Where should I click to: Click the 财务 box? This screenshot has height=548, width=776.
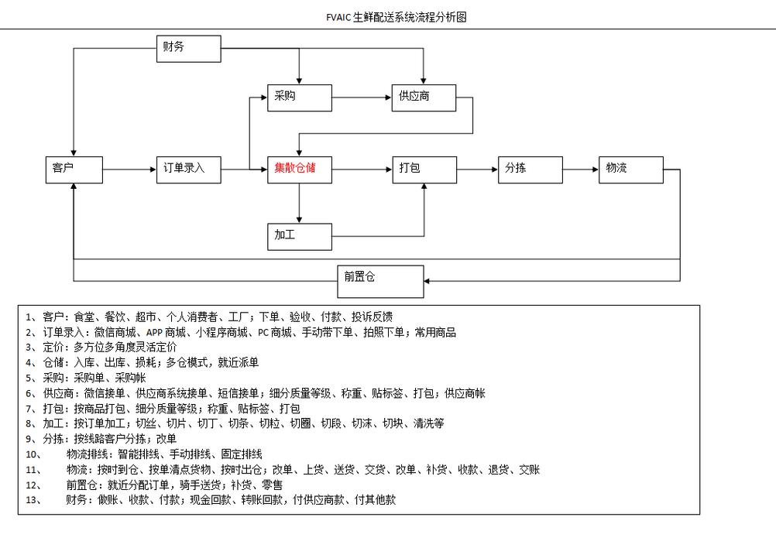point(188,48)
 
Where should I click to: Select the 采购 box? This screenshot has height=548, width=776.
point(300,98)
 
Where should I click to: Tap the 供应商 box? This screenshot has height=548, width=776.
point(423,98)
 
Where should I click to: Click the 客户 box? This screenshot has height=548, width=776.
point(74,170)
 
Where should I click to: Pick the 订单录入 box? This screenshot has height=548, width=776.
point(188,170)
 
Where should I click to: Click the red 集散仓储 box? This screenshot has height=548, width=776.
point(300,170)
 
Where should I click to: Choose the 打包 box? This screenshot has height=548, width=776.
point(423,170)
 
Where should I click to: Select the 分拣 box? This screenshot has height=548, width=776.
point(530,170)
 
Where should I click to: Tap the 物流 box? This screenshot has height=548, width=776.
point(630,170)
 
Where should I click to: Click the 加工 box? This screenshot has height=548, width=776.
point(300,235)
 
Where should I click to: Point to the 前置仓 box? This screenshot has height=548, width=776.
point(380,281)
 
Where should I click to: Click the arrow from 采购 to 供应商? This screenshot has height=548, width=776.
point(361,98)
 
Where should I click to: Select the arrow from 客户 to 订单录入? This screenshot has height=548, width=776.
point(129,170)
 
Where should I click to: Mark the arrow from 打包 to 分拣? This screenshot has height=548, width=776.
point(477,170)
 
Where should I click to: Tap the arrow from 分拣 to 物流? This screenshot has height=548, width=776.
point(581,170)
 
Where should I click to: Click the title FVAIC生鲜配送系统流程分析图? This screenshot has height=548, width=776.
point(397,17)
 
